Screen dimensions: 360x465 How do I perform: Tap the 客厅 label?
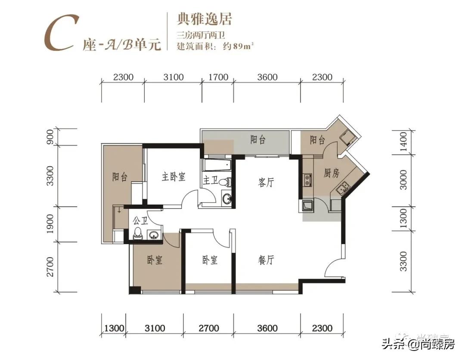pos(266,183)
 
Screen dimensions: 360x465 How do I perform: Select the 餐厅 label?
pos(266,260)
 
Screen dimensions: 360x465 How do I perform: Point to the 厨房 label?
pos(332,174)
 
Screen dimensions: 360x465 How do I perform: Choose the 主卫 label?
pos(210,181)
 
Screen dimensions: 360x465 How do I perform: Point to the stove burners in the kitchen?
pos(307,180)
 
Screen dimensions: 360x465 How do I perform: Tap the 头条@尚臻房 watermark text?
pos(418,344)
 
